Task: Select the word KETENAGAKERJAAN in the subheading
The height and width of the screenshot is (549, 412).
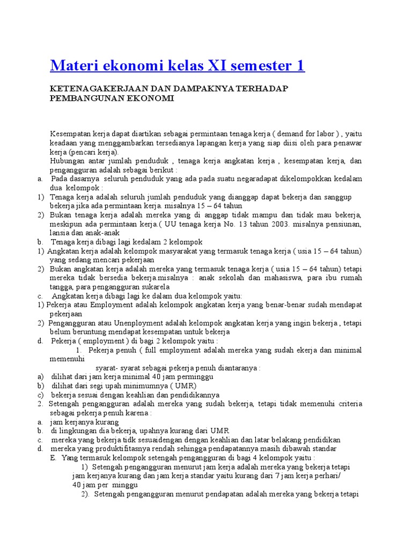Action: pos(92,88)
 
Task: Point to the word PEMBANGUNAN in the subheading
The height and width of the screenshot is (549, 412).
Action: pos(80,99)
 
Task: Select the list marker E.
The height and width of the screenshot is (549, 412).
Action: pos(53,458)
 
